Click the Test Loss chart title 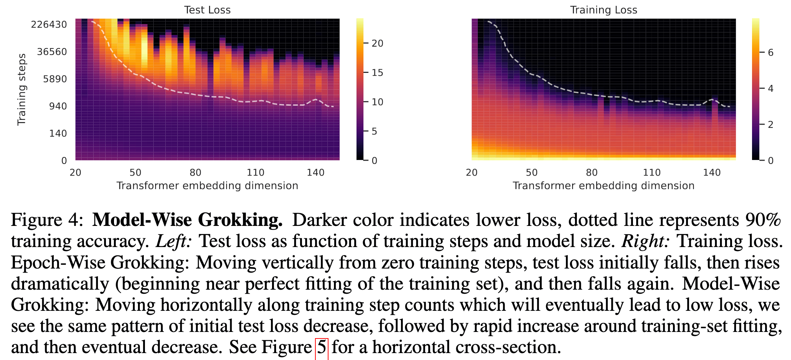207,10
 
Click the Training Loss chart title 603,10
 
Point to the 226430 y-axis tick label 49,24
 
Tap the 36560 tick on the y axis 52,52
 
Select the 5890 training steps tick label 55,79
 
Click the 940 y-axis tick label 58,106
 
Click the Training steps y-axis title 22,89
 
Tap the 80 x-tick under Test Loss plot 195,172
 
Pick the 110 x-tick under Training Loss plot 652,172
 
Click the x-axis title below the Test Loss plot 207,186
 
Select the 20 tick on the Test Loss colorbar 378,43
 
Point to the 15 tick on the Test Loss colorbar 378,73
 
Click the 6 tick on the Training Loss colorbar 771,52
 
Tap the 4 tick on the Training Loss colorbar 771,89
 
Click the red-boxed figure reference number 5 322,347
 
